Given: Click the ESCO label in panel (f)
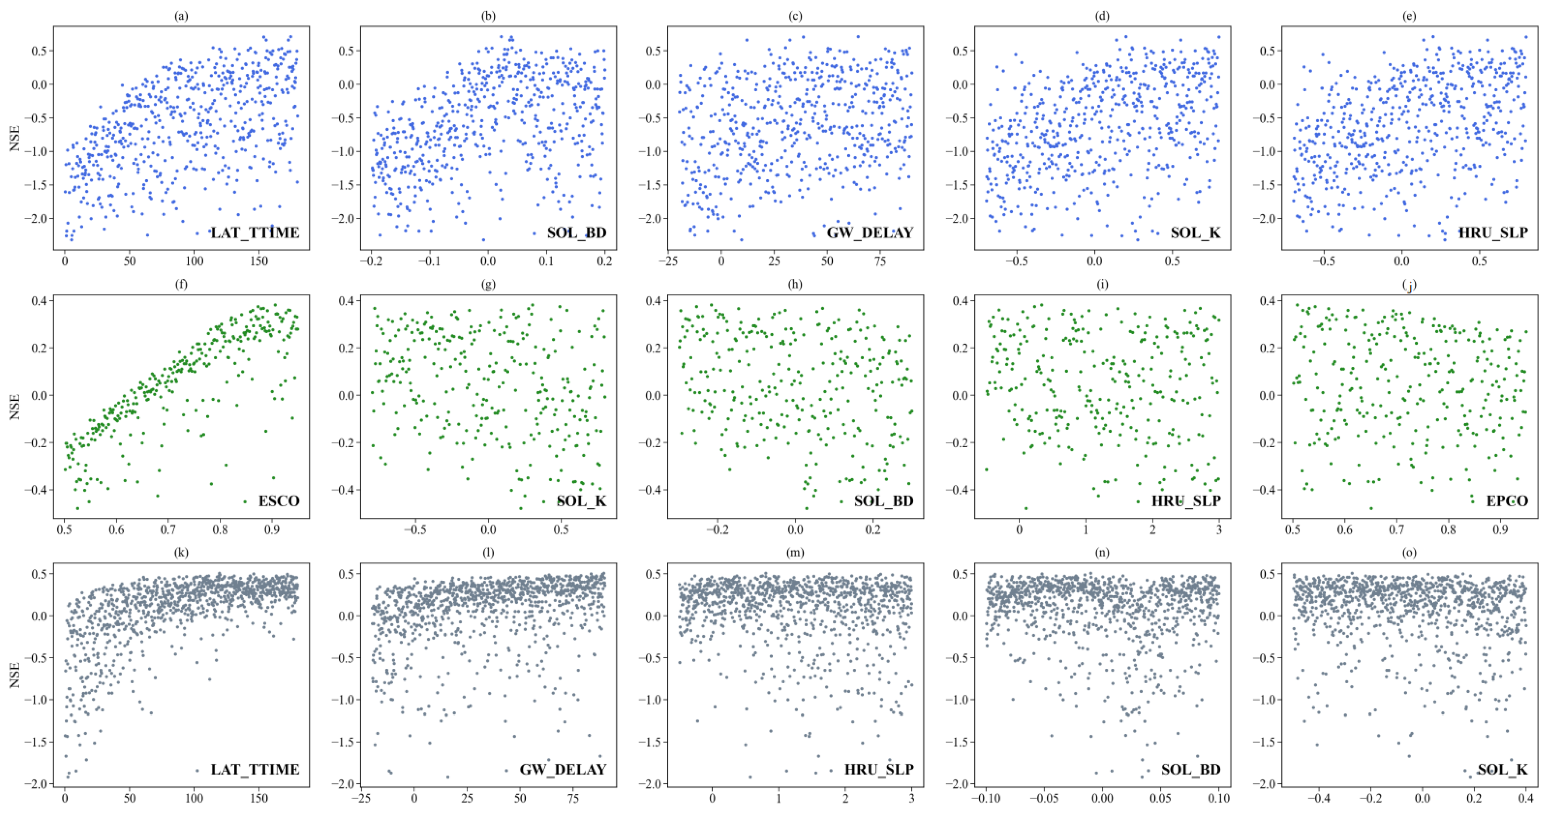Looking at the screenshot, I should pos(279,501).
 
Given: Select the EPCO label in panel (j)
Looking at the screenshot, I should pos(1507,501).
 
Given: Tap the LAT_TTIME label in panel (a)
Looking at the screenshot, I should pos(255,232).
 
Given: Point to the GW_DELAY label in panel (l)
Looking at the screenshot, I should pos(563,769).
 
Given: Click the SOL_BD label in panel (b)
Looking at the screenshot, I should pos(577,232).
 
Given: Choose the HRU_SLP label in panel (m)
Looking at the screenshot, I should pos(879,769).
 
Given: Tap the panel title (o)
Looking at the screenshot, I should pos(1409,553).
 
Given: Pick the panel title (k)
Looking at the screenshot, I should pos(181,553).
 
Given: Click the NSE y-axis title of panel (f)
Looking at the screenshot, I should pos(15,407).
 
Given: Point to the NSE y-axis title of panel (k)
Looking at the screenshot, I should pos(15,675).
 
